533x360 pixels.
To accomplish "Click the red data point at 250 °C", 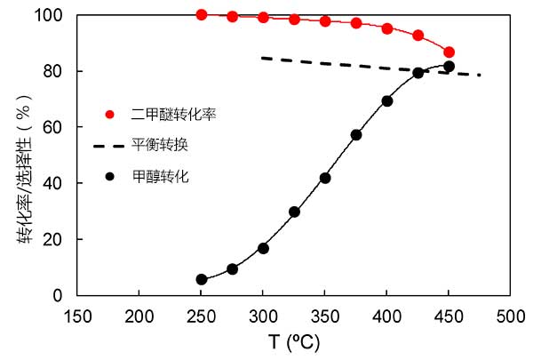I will (202, 15).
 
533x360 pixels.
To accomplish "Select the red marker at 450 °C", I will (449, 52).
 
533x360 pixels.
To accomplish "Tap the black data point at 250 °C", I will (202, 279).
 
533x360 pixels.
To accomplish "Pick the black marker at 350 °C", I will (325, 178).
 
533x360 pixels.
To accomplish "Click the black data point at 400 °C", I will (387, 101).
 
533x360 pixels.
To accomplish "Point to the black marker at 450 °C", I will (449, 67).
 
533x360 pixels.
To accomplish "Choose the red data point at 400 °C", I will (387, 28).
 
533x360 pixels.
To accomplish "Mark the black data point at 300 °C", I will (263, 248).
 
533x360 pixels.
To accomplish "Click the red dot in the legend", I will (109, 114).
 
